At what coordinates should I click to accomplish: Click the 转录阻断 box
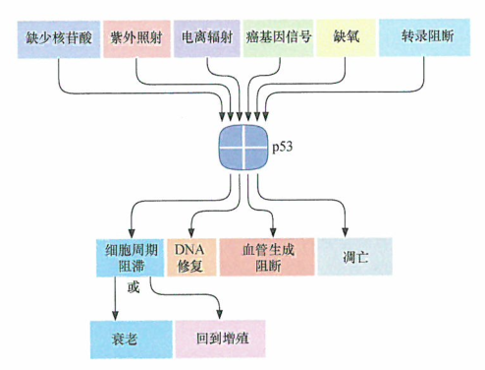coord(422,36)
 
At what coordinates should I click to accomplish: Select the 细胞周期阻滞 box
coord(131,257)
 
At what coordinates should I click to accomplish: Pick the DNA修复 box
coord(189,257)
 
